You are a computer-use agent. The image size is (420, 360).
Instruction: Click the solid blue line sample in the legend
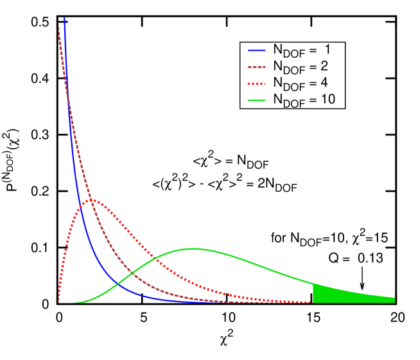point(256,50)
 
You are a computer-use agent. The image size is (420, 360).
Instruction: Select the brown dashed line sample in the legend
point(256,67)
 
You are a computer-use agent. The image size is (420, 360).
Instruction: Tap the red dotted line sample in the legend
point(256,83)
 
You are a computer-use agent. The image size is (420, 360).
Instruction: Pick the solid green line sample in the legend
point(256,100)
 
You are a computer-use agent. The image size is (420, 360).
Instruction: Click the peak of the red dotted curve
point(92,200)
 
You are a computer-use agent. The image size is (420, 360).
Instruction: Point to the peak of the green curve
point(193,248)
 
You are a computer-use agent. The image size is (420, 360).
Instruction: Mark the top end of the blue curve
point(64,18)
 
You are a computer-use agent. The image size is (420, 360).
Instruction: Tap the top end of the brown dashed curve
point(59,24)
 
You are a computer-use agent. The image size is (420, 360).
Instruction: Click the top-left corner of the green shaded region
point(313,284)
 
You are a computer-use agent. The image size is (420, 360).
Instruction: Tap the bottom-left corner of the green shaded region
point(313,302)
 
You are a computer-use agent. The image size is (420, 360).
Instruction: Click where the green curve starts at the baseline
point(73,302)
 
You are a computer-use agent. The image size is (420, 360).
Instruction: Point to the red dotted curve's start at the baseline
point(58,301)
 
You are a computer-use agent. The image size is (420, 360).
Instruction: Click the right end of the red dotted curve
point(311,302)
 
